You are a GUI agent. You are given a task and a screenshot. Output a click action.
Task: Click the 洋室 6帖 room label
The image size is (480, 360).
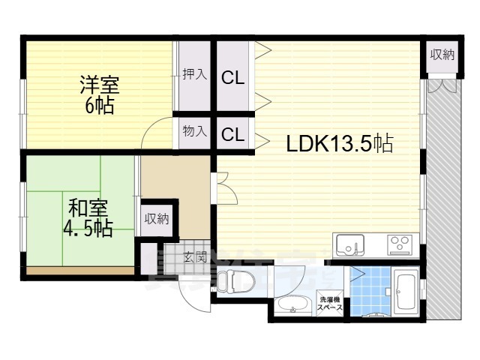click(100, 94)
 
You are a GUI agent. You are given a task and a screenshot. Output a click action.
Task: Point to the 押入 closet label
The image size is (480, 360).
click(196, 75)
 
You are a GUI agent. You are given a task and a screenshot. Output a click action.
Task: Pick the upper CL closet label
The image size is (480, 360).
click(232, 76)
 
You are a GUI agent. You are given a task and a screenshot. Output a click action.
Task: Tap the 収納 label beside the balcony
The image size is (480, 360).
click(442, 54)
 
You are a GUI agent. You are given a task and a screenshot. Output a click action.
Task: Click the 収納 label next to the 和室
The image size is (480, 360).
click(157, 219)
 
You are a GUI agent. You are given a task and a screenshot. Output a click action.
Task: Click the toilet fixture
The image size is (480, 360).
click(239, 283)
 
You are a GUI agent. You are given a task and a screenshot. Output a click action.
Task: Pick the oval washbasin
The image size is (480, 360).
click(290, 306)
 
